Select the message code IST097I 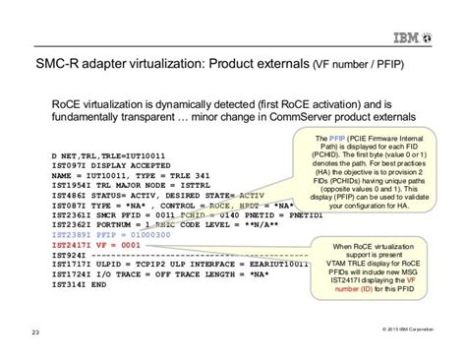pos(70,165)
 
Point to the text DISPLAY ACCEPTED pos(127,165)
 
